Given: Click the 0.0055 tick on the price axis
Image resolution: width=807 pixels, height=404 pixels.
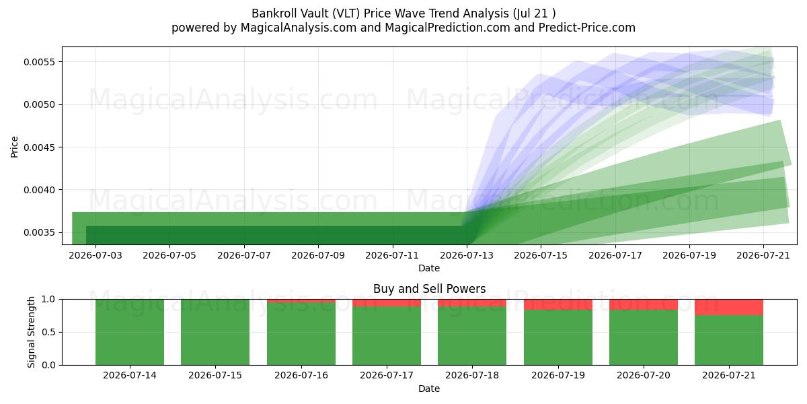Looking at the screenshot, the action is coord(39,62).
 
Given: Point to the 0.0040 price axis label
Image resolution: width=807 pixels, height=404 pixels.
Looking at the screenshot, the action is coord(39,190).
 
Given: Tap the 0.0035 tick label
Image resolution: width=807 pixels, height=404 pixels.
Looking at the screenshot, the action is coord(39,233).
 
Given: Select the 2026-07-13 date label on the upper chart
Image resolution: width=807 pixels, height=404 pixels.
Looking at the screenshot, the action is coord(467,255).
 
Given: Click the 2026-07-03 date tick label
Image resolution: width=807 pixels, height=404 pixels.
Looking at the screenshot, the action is coord(95,255).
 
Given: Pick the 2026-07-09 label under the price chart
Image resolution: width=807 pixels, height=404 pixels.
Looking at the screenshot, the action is coord(318,255).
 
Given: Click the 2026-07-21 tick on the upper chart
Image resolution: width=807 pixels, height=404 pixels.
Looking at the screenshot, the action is coord(763,255).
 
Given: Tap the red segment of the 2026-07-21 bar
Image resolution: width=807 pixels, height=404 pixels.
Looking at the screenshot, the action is coord(729,307).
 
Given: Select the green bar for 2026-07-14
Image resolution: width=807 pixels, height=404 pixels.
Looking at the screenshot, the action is coord(130,332).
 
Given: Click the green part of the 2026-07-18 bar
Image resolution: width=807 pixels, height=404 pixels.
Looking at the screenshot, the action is coord(472,336).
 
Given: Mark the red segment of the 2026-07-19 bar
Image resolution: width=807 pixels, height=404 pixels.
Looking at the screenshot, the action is coord(558,304).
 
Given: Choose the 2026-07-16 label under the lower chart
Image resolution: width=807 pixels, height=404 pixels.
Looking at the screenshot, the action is coord(301,375).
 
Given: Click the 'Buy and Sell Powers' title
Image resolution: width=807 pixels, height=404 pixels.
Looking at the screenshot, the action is coord(430,289).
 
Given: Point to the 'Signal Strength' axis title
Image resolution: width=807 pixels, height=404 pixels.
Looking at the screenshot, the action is coord(32,332).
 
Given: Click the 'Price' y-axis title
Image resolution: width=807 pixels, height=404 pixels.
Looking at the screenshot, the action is coord(14,147).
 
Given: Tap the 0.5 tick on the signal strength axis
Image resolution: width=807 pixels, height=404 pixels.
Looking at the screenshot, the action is coord(48,332).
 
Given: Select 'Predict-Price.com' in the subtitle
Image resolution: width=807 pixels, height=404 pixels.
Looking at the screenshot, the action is coord(587,28).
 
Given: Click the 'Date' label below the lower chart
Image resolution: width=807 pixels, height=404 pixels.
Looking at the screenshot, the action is coord(429,389).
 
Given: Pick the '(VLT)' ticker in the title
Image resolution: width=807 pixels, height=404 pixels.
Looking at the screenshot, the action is coord(346,13).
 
